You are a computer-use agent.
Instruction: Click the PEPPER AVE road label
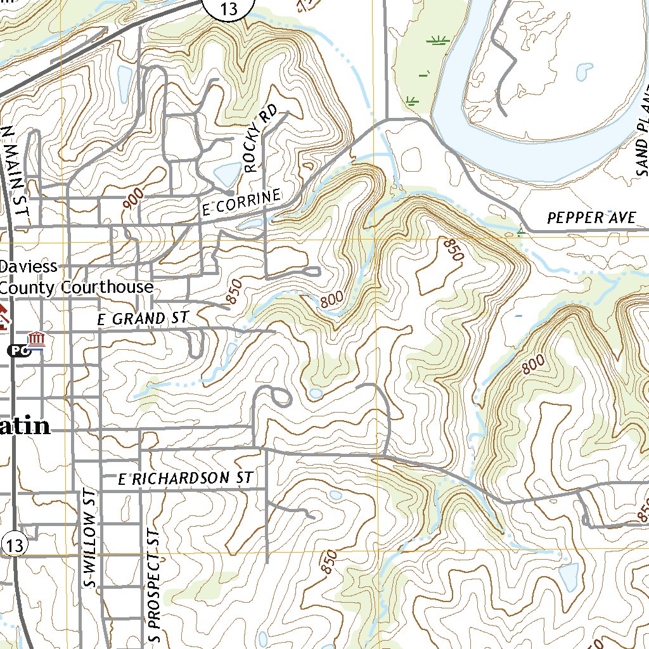coord(591,218)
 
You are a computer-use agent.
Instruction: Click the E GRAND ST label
coord(143,318)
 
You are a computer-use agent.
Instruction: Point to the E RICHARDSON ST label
coord(186,479)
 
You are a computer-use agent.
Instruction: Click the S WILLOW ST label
coord(91,539)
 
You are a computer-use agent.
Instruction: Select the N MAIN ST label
coord(16,175)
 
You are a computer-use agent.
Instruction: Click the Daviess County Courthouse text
coord(76,277)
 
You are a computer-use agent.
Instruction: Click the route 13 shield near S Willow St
coord(15,544)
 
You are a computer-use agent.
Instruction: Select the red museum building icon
coord(36,339)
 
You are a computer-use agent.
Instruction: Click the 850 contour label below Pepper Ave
coord(454,250)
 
